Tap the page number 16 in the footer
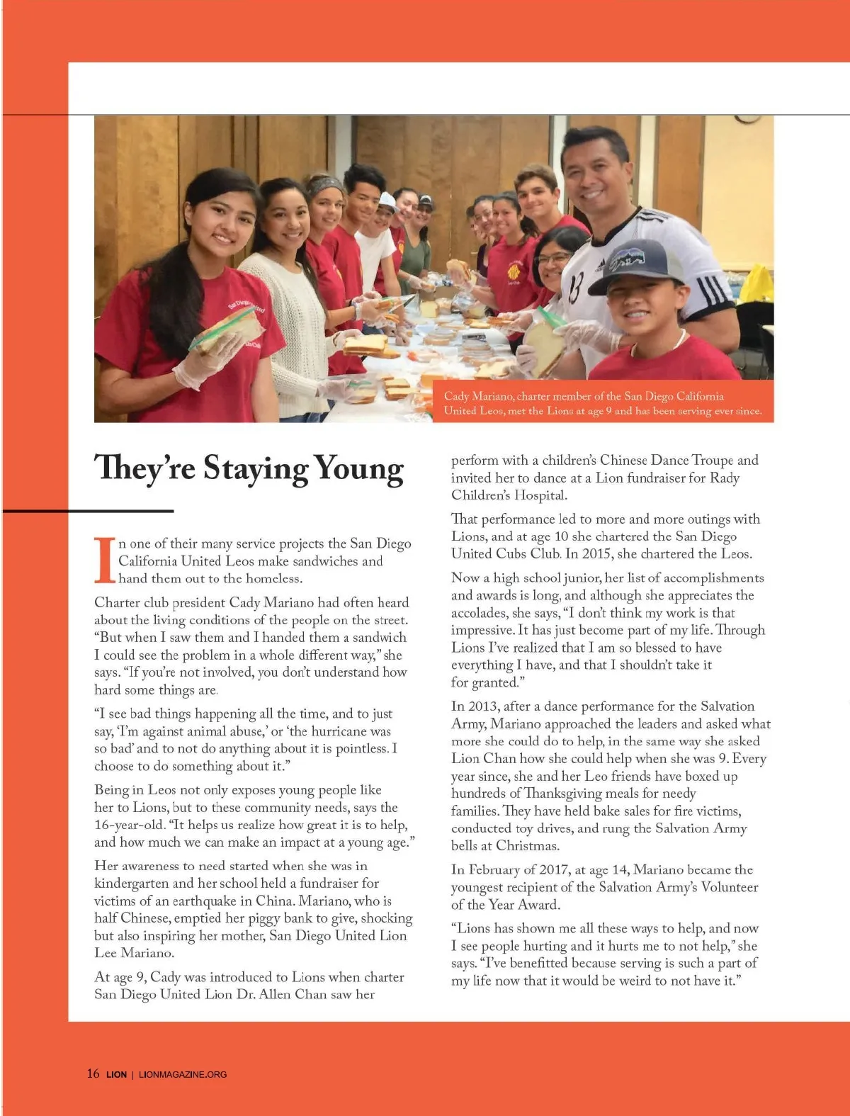click(x=93, y=1073)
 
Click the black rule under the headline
click(x=134, y=510)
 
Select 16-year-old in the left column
click(x=128, y=825)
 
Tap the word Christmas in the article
click(x=526, y=845)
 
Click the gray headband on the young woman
click(x=326, y=186)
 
